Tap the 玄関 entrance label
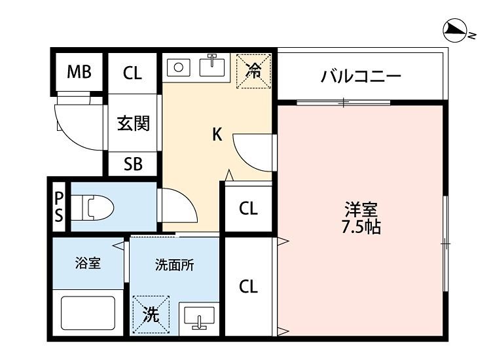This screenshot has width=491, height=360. click(x=134, y=123)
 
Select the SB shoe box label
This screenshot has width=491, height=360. click(x=134, y=164)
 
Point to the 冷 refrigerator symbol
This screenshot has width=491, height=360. click(x=253, y=71)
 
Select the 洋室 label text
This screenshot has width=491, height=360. click(x=361, y=211)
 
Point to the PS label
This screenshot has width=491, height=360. click(x=59, y=207)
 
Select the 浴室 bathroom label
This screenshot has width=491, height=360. click(x=88, y=264)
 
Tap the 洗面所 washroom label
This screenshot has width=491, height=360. click(x=174, y=265)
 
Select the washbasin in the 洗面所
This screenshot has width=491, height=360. click(x=198, y=317)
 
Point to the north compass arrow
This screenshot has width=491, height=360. click(x=454, y=29)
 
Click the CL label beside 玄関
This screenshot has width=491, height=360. click(x=132, y=73)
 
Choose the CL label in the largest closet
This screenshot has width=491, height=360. click(x=248, y=286)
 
